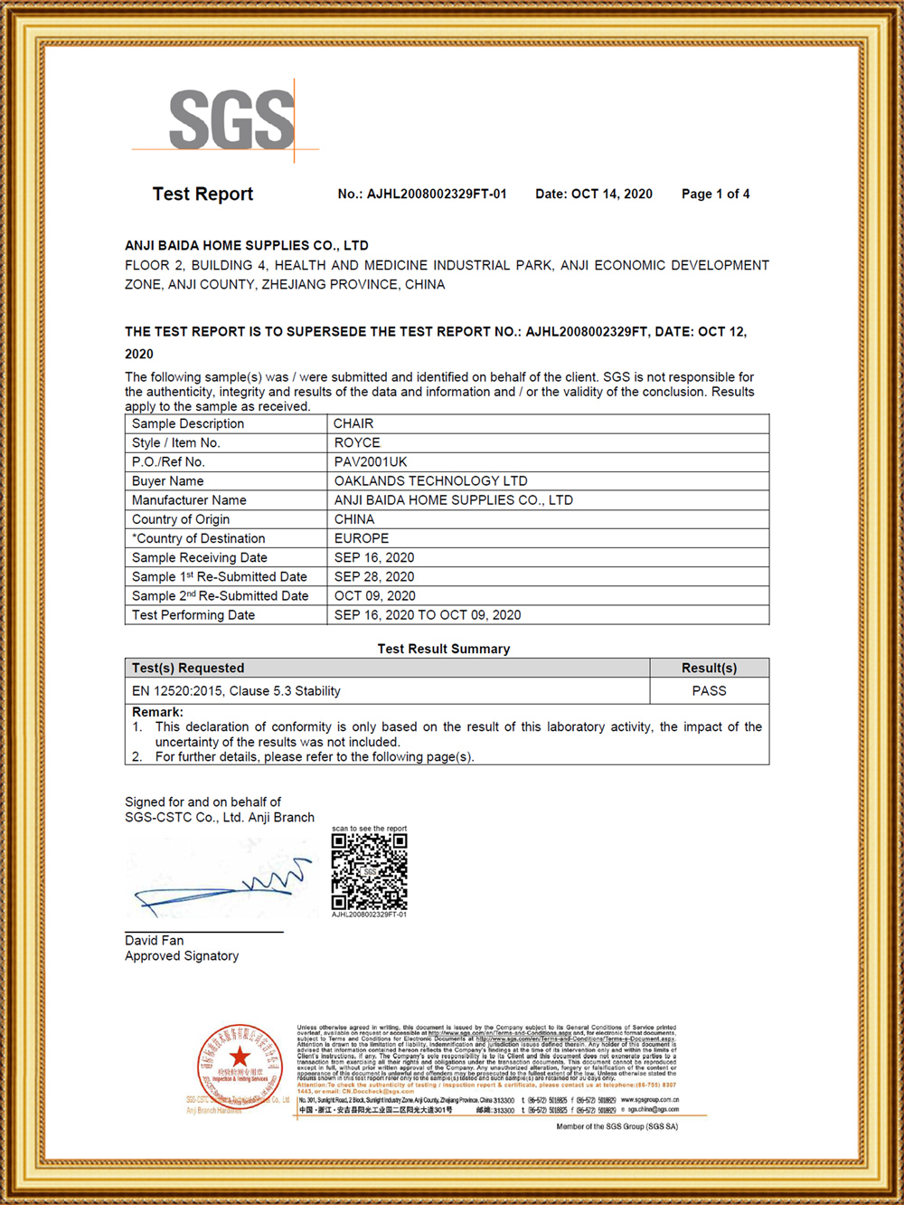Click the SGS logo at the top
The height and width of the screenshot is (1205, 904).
click(231, 119)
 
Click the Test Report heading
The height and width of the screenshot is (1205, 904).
click(202, 194)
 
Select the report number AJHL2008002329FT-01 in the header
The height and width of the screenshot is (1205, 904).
click(422, 194)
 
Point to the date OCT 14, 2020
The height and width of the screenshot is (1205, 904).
click(593, 194)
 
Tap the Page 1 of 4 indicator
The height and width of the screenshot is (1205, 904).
click(715, 194)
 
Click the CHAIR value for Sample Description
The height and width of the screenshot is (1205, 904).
click(353, 423)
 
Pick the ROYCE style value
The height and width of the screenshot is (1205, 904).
click(357, 442)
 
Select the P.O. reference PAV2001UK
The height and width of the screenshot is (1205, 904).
click(371, 461)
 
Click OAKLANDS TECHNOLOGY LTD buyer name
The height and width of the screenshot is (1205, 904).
click(430, 480)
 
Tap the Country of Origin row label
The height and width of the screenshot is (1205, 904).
click(181, 519)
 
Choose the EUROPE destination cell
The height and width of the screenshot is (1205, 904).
click(362, 538)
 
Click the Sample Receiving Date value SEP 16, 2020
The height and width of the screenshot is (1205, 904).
click(374, 557)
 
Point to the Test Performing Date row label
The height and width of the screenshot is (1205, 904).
click(193, 615)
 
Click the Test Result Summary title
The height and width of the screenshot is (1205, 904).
click(444, 649)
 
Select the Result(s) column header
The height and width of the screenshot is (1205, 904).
click(709, 668)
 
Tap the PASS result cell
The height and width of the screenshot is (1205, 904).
click(709, 690)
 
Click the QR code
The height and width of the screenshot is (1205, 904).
click(369, 871)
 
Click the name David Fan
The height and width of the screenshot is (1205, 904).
click(155, 941)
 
